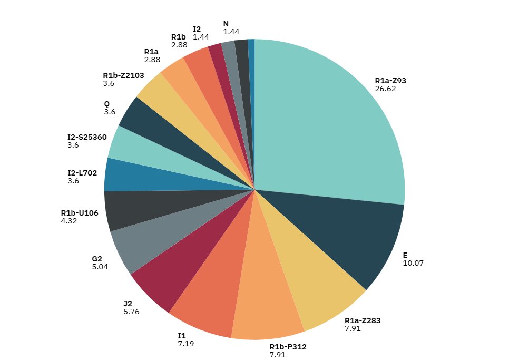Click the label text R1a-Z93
[x=390, y=81]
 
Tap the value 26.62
[x=385, y=89]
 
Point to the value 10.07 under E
[x=413, y=262]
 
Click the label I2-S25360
[x=87, y=137]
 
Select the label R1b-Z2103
[x=123, y=75]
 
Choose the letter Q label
[x=107, y=104]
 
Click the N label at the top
[x=226, y=24]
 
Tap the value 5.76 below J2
[x=132, y=312]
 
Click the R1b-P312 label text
[x=288, y=346]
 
